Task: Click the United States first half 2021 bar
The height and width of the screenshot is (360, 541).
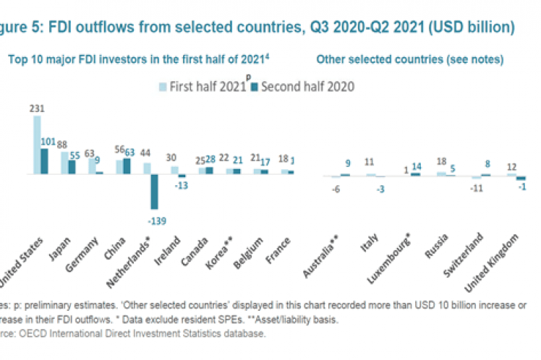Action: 37,145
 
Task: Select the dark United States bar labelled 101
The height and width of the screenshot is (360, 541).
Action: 44,161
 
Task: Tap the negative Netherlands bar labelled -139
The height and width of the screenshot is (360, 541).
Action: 153,192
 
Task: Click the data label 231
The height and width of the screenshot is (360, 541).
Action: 35,108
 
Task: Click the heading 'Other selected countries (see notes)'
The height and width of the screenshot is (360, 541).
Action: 410,59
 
